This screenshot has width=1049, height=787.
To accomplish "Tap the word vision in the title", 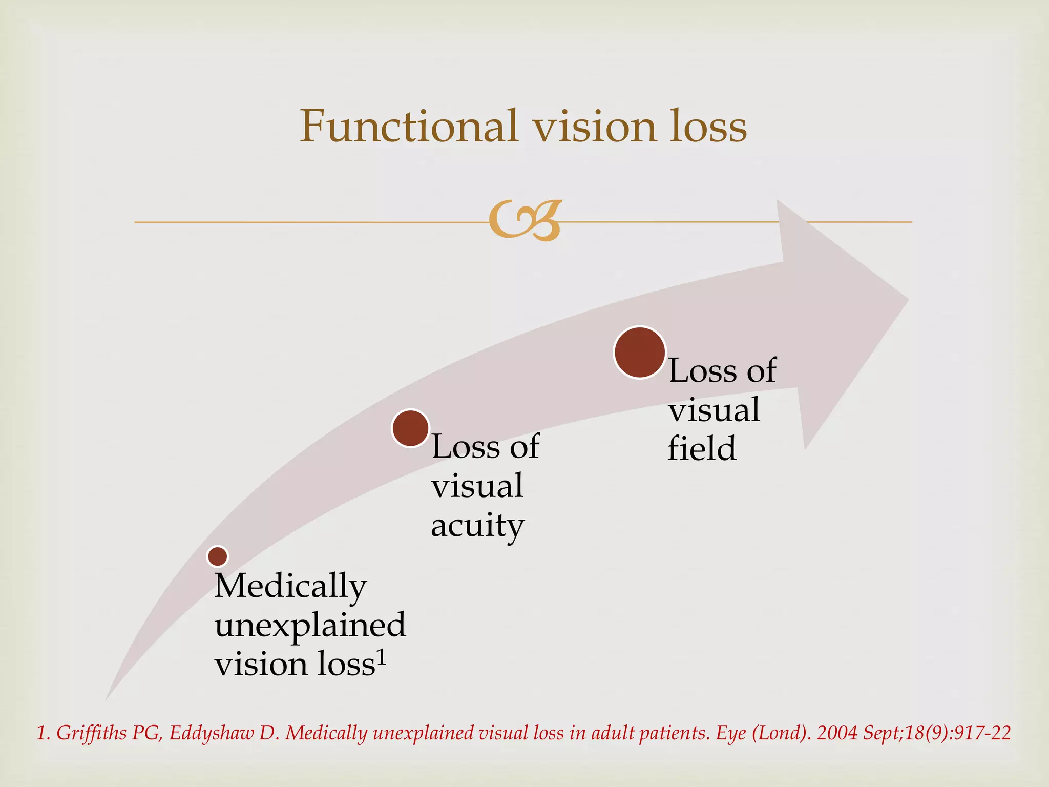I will pos(594,126).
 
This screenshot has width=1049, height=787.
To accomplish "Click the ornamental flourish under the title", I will pos(525,221).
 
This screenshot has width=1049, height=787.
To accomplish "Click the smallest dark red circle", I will pos(218,556).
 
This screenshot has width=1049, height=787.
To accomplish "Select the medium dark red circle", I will pos(410,428).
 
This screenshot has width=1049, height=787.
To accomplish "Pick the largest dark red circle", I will pos(640,353).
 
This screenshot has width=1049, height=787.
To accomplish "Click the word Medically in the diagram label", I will pos(290,586).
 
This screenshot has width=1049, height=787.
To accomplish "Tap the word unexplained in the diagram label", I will pos(310,625).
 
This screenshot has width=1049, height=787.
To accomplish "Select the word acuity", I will pos(477,526).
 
